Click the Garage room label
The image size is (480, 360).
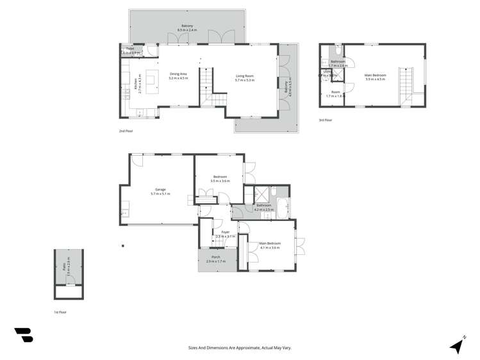(157, 191)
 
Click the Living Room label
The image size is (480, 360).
(245, 78)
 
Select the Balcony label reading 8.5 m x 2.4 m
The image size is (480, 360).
(185, 28)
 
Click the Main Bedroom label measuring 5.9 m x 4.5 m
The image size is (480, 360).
(375, 78)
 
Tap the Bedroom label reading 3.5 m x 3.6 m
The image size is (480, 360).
(220, 179)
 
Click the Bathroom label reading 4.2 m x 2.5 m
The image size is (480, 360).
(264, 208)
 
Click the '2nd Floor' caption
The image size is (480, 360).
(125, 131)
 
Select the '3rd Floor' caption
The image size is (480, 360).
(326, 120)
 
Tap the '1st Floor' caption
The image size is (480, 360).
(60, 312)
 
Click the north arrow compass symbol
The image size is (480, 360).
(457, 345)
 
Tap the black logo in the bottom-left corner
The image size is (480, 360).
(24, 335)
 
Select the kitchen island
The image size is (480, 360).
(151, 78)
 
